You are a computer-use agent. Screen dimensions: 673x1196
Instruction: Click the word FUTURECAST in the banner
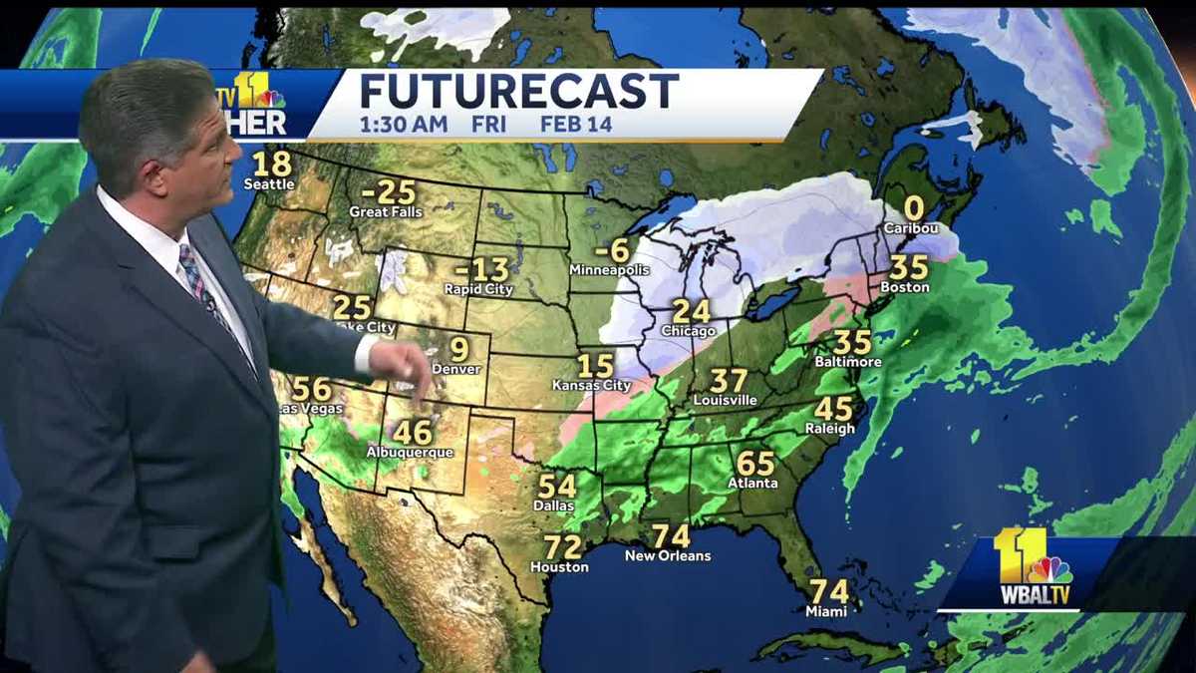(x=518, y=92)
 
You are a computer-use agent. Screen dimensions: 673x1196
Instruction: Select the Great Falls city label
(x=385, y=212)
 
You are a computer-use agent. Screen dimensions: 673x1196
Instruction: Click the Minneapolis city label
(x=609, y=270)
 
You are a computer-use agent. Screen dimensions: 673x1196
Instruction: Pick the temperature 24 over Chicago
(x=691, y=311)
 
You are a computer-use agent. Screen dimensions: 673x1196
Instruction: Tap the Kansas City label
(x=592, y=385)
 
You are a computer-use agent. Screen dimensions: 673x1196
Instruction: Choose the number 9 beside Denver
(x=458, y=349)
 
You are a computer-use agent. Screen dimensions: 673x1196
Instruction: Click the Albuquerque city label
(x=410, y=453)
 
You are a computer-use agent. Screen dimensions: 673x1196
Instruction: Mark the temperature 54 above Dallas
(x=557, y=486)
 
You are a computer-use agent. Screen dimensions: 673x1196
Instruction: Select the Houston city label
(x=559, y=567)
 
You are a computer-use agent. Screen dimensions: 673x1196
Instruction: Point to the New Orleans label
(x=668, y=555)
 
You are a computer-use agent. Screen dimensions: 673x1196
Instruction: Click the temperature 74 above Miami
(x=828, y=590)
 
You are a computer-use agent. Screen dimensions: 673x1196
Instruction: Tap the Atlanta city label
(x=752, y=484)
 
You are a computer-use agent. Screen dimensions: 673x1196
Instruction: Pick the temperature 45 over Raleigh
(x=833, y=409)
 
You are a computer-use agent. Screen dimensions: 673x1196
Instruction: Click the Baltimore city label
(x=848, y=362)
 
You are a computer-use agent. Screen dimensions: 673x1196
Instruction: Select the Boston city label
(x=905, y=287)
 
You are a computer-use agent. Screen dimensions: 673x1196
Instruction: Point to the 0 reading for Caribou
(x=912, y=208)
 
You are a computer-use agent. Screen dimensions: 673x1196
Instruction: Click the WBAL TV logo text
(x=1035, y=596)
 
